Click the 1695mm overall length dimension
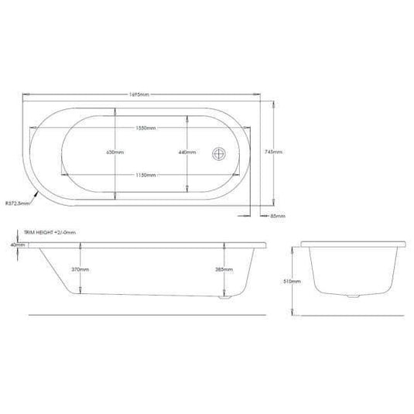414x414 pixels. coord(145,94)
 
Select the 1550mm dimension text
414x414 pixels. coord(145,126)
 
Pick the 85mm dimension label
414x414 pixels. coord(278,215)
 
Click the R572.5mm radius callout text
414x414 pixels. coord(17,204)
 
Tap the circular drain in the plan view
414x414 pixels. coord(219,152)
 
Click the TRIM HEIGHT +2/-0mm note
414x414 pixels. coord(49,231)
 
